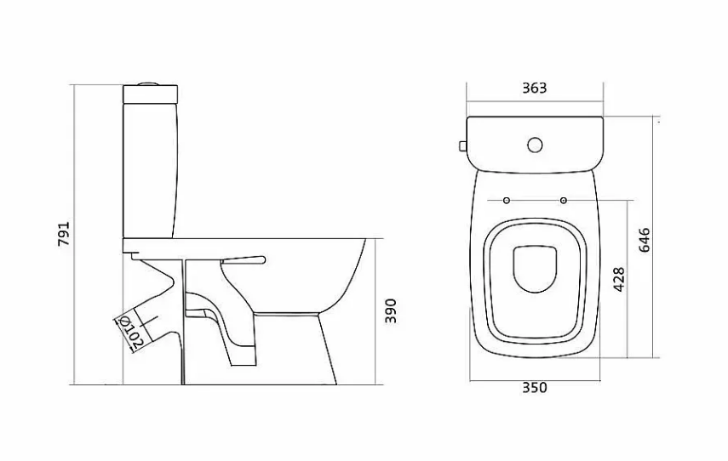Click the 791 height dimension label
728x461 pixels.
coord(64,234)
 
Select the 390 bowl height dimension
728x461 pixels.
coord(391,311)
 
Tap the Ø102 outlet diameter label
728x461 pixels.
coord(130,331)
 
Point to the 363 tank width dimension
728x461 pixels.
coord(535,88)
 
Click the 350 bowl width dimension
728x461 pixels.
coord(535,388)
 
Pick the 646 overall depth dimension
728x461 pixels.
coord(645,240)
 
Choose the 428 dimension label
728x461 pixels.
coord(619,279)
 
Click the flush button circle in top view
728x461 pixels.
coord(535,145)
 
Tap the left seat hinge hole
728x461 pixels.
coord(507,201)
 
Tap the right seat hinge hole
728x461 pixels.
coord(563,201)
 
